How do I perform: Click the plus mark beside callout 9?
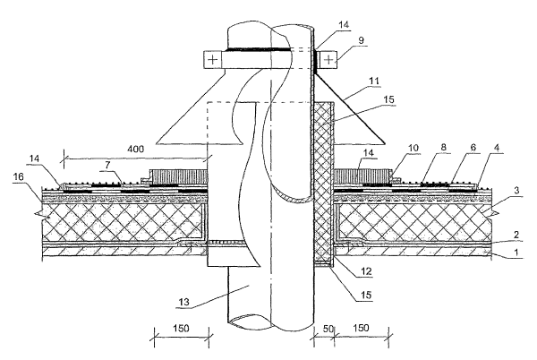328,59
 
